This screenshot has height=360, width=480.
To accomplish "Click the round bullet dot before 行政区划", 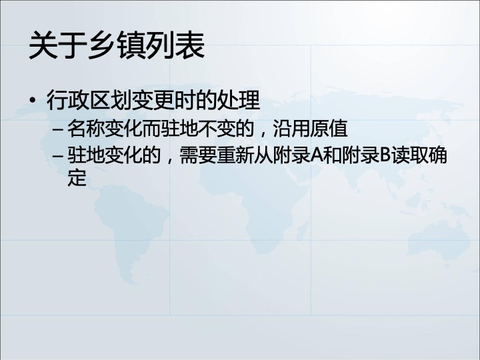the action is [x=33, y=100].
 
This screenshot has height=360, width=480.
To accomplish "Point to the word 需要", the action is [x=198, y=155].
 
